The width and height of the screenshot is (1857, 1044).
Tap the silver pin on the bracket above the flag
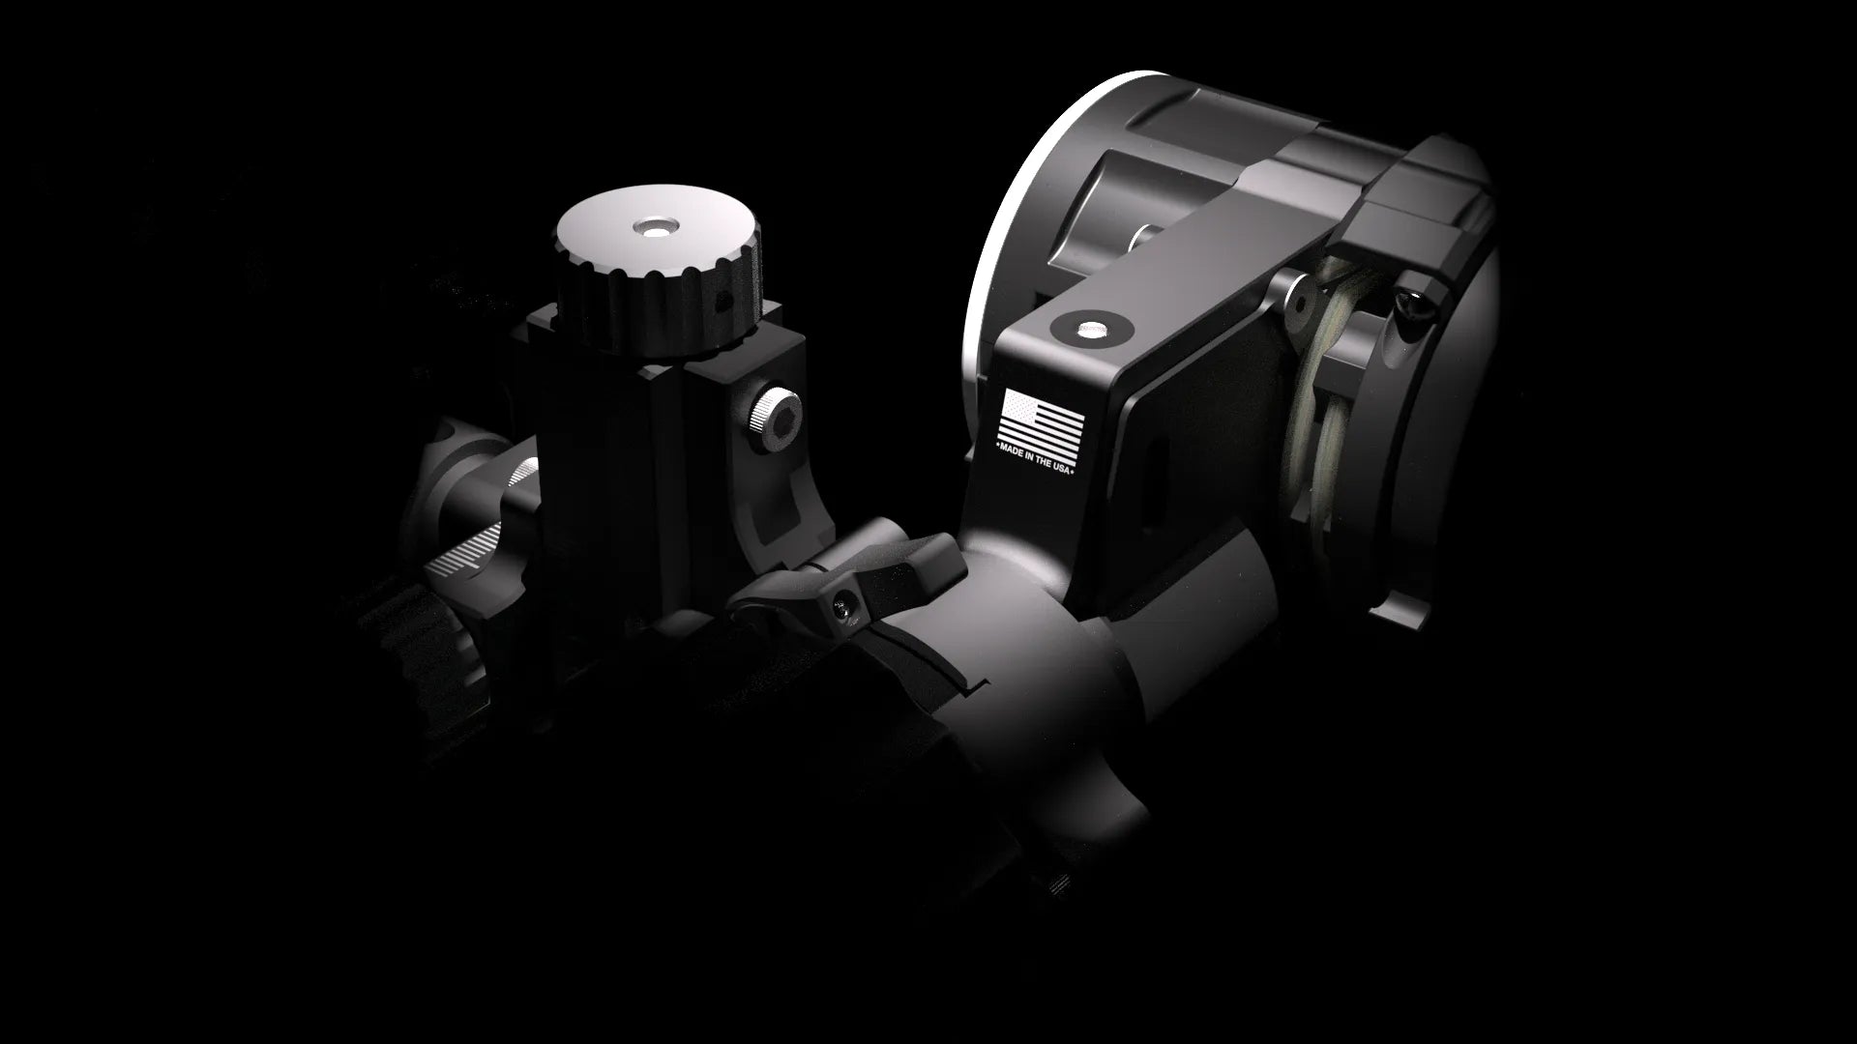click(x=1093, y=330)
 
